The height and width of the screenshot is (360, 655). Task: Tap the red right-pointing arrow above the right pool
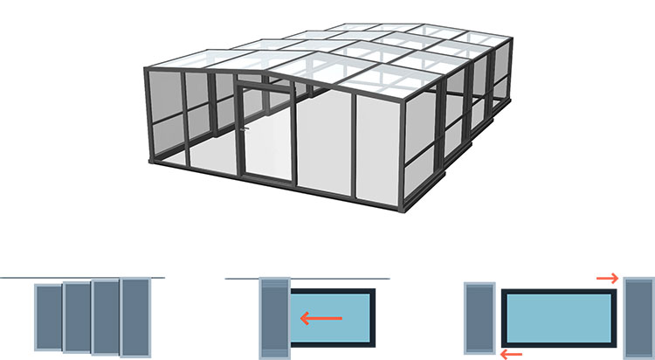[608, 279]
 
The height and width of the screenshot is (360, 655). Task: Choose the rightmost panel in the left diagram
[136, 316]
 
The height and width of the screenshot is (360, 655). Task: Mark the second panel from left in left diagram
[76, 316]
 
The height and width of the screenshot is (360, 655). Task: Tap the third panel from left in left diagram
[105, 316]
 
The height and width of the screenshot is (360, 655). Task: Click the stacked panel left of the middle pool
[274, 316]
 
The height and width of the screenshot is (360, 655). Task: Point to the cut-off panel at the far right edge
[643, 316]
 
